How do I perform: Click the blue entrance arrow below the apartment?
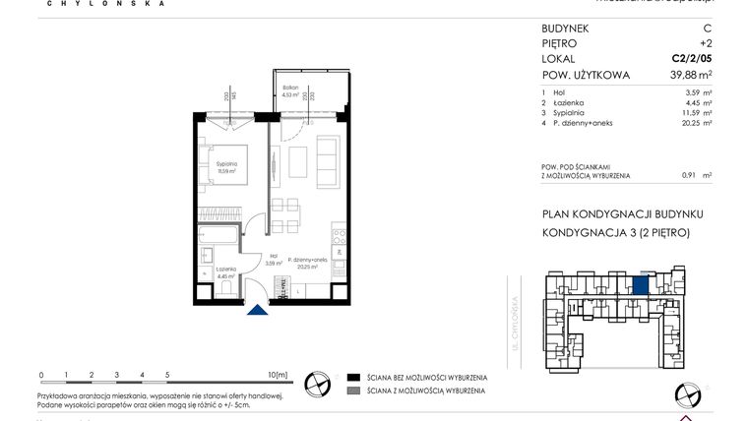(256, 311)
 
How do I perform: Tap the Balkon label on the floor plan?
(290, 89)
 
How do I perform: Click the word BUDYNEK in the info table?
(567, 29)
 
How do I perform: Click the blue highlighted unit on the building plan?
(640, 285)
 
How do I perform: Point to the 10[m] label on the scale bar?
(278, 375)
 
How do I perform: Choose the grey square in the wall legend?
(352, 391)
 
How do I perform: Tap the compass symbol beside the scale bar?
(319, 384)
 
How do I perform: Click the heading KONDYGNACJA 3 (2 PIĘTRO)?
(616, 233)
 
